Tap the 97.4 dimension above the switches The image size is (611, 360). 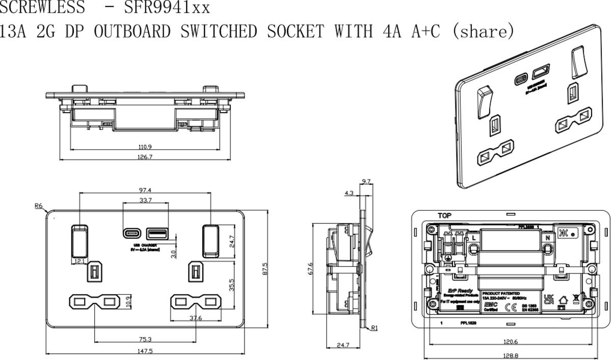tap(146, 189)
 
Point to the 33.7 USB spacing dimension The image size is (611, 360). tap(145, 200)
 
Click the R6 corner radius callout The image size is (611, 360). tap(39, 206)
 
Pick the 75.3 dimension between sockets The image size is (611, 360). tap(145, 339)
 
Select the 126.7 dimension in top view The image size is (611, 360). tap(145, 157)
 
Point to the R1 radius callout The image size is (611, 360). tap(375, 328)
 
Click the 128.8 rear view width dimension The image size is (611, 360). tap(510, 356)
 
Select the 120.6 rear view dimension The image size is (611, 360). tap(510, 342)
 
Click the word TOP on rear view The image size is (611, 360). tap(444, 216)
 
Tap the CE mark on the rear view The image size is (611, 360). tap(508, 307)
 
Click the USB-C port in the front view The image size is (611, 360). tap(130, 234)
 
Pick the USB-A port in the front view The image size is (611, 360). tap(156, 234)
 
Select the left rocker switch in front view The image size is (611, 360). tap(79, 240)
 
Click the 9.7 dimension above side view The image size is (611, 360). tap(365, 181)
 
